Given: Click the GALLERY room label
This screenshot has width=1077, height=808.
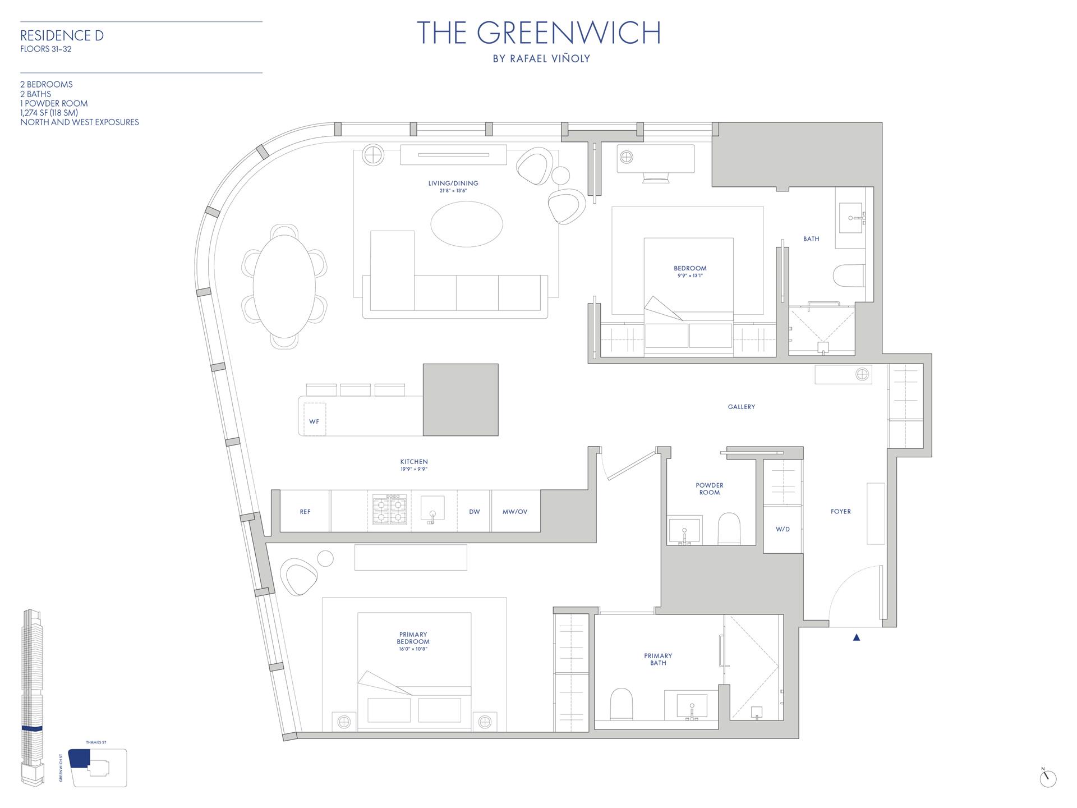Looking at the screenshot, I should pos(741,407).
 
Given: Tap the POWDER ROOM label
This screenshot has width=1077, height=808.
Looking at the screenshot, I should pos(709,489).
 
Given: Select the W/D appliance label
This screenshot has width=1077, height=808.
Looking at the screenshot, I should pos(783,529).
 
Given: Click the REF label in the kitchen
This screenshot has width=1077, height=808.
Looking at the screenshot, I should pos(305,512).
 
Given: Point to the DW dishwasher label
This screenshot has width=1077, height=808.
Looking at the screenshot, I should pos(474,512).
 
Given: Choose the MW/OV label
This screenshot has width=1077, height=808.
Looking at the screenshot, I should pos(515,512).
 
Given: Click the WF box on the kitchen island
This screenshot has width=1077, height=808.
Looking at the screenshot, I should pos(314,421).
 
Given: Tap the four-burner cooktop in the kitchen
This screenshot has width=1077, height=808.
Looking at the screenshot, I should pos(389,509).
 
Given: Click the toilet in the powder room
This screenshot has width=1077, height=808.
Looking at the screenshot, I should pos(729,529).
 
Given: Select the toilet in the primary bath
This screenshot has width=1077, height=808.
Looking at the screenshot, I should pos(621,704).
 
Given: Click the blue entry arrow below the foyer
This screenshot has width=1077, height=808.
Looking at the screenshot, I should pos(856,637).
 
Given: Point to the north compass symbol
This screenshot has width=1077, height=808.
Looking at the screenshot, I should pos(1047,778).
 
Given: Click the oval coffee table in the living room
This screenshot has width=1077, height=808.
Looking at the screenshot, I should pos(466,224).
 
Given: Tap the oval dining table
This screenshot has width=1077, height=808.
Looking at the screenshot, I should pos(284,286).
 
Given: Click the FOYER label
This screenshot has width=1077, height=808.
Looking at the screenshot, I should pos(840,512).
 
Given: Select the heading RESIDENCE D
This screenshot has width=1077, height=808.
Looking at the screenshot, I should pos(62,36).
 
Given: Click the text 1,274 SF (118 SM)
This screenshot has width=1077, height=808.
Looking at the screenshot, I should pos(49,113).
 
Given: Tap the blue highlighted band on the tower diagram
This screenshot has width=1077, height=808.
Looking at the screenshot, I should pos(32,728).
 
